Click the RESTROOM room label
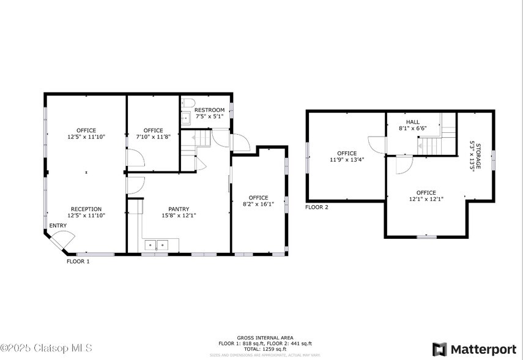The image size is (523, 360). (209, 110)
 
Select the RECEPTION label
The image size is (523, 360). (86, 209)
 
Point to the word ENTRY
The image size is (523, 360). (58, 226)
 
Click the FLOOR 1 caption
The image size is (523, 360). (78, 261)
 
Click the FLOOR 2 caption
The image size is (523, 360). (317, 208)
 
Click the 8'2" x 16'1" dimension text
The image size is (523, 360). (259, 204)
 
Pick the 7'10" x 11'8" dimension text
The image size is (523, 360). (154, 137)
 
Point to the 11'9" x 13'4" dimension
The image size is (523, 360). (347, 160)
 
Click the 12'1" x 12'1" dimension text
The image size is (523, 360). (426, 199)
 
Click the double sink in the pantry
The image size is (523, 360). (156, 246)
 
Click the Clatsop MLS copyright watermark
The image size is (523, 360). (46, 348)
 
